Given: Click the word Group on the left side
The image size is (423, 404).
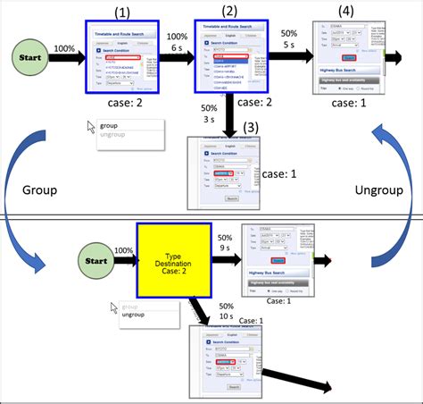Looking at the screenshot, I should [41, 191].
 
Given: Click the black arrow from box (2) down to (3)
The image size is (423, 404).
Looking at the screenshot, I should [230, 116].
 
